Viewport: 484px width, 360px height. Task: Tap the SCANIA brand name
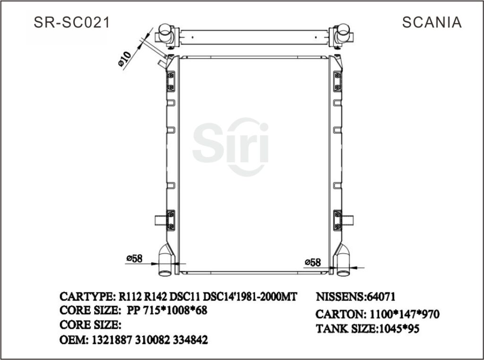click(432, 22)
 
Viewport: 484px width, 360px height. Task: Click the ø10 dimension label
click(124, 58)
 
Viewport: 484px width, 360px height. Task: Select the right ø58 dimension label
click(313, 262)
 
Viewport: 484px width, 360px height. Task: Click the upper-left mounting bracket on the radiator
click(171, 81)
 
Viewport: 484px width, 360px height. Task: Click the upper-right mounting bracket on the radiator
click(337, 81)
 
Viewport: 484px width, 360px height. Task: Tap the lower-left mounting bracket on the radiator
click(171, 220)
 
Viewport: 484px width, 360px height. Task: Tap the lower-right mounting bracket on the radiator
click(337, 220)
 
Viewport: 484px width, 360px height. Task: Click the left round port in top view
click(165, 33)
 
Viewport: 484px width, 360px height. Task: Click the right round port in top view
click(342, 33)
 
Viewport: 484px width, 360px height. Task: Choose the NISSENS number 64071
click(381, 297)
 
